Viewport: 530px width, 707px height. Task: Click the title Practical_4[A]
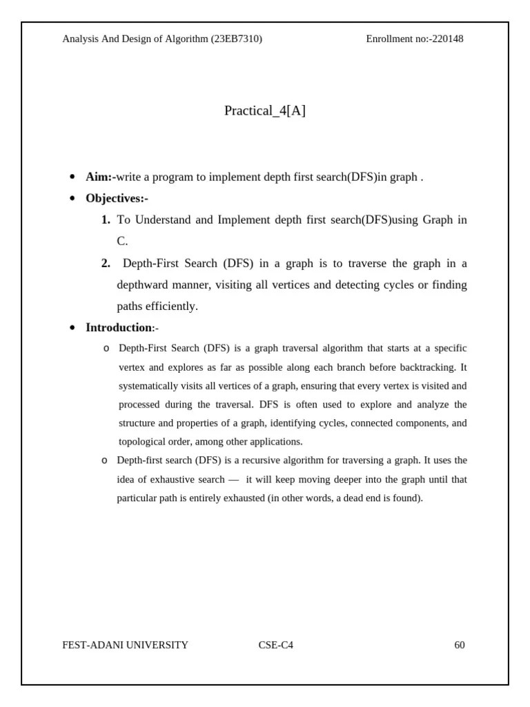coord(265,111)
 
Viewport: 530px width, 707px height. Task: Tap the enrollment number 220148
coord(448,39)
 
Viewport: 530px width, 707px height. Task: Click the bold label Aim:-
coord(101,177)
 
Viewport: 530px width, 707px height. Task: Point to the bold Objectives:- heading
coord(117,199)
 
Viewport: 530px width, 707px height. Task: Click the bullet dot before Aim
coord(72,177)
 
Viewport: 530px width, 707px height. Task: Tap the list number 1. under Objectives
coord(106,220)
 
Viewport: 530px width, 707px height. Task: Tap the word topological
coord(141,442)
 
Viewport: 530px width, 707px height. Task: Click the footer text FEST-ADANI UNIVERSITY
coord(125,646)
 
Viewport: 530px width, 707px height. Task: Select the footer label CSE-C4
coord(276,646)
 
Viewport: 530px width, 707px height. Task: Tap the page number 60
coord(460,646)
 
